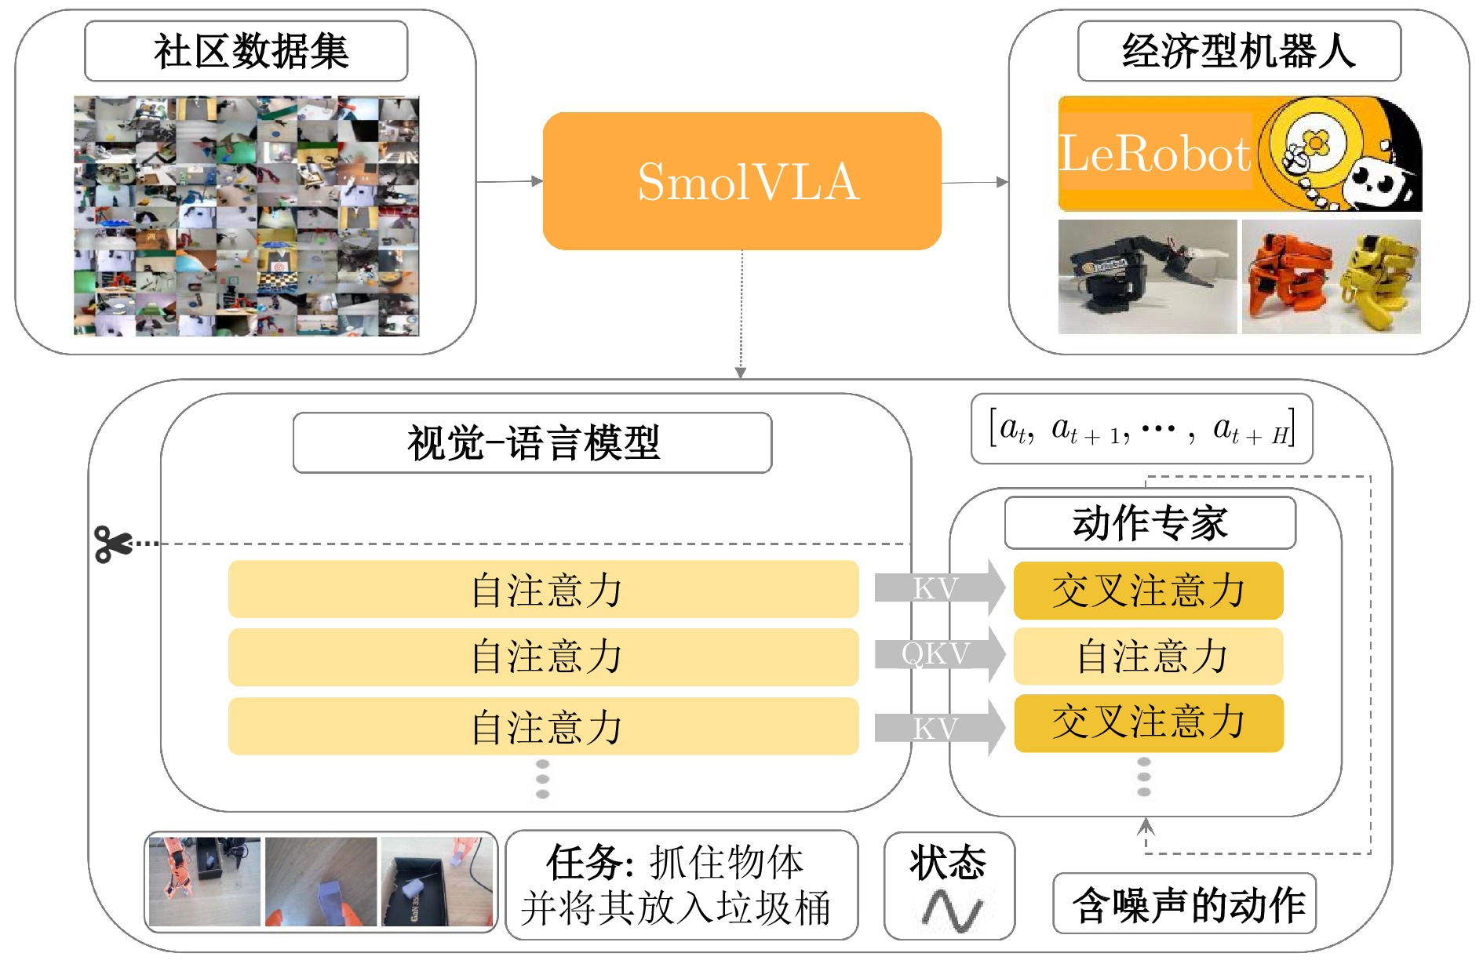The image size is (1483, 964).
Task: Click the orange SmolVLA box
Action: tap(741, 181)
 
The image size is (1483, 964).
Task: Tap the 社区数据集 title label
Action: tap(246, 52)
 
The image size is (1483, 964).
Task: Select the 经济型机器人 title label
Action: tap(1239, 52)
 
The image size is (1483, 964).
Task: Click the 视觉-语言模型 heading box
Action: tap(532, 443)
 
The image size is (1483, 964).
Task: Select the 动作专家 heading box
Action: tap(1150, 523)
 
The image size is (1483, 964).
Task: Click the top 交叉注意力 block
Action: tap(1148, 591)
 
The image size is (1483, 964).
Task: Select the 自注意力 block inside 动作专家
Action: tap(1148, 657)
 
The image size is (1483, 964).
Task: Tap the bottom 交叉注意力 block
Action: tap(1148, 722)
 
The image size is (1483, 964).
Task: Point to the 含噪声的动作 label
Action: tap(1185, 904)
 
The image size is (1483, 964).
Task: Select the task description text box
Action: tap(681, 885)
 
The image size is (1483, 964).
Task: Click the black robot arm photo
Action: tap(1147, 276)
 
